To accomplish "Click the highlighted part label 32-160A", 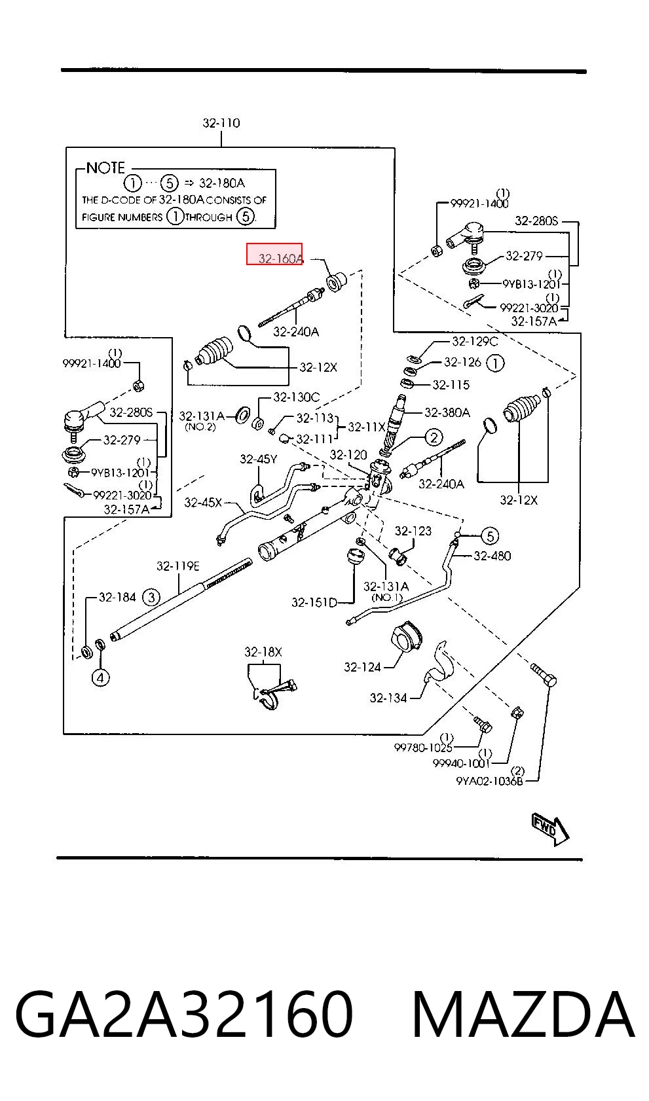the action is click(281, 259).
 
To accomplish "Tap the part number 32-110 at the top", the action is click(221, 122).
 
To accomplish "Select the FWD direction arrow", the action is click(550, 829).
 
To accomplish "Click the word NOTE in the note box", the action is click(105, 168).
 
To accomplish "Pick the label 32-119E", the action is click(178, 566).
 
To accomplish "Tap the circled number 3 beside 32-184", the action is click(151, 597).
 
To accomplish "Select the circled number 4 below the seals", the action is click(100, 677).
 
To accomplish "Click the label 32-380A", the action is click(447, 412).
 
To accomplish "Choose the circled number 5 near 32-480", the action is click(490, 535).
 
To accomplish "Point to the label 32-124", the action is click(362, 667).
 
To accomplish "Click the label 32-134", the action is click(388, 698).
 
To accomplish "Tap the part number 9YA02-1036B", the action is click(490, 781).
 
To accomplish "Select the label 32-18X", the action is click(263, 652).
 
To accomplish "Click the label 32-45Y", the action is click(259, 459).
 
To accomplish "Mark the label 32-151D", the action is click(314, 602).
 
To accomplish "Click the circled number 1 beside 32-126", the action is click(495, 363).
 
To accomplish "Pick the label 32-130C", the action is click(297, 397).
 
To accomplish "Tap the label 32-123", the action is click(413, 531).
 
